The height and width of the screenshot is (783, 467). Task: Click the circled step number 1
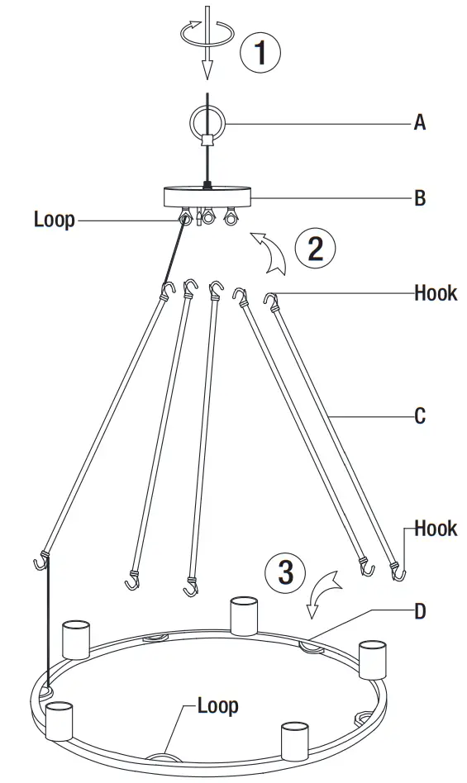(260, 53)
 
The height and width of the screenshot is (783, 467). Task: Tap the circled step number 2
(316, 248)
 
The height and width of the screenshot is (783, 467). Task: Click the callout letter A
(420, 123)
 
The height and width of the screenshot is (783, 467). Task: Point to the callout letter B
(420, 198)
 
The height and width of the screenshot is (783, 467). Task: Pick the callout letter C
(420, 415)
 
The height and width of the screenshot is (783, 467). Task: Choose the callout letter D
(420, 612)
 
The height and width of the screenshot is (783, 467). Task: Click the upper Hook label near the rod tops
(436, 293)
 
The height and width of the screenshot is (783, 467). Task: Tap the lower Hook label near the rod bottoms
(436, 528)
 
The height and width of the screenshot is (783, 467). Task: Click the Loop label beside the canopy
(55, 220)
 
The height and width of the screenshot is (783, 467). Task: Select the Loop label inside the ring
(218, 705)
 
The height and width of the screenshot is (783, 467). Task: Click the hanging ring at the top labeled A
(205, 121)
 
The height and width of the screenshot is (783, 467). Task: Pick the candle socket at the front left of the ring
(60, 720)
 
